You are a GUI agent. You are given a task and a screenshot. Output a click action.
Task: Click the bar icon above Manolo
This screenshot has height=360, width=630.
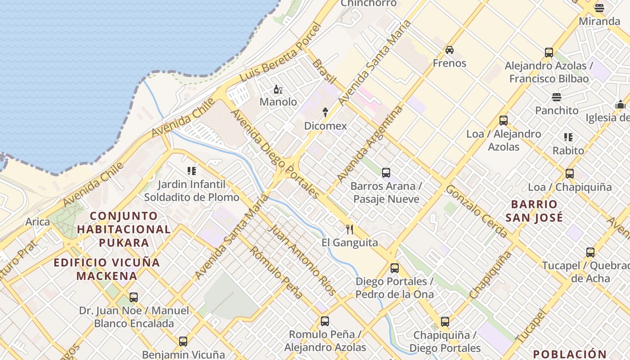(278, 90)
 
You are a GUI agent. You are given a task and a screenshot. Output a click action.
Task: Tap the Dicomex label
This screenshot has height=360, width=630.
(325, 126)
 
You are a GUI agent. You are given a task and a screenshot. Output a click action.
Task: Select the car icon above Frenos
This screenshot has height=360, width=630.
(449, 50)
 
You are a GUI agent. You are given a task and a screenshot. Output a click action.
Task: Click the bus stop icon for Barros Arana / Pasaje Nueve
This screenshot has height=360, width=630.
(386, 173)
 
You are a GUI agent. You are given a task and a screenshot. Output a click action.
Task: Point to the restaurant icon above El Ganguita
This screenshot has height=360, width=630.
(350, 230)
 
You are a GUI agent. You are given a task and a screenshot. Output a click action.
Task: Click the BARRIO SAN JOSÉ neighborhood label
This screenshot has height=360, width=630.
(534, 211)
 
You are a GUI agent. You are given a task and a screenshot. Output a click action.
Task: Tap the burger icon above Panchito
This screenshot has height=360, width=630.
(557, 97)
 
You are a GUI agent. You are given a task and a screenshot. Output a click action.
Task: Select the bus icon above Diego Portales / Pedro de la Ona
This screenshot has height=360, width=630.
(395, 268)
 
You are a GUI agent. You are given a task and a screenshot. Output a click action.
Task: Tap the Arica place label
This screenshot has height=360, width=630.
(37, 222)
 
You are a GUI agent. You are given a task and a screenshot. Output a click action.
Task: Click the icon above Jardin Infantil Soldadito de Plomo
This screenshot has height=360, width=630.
(192, 171)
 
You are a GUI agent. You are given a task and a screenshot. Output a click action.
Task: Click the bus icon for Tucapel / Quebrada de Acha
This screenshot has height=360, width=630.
(590, 252)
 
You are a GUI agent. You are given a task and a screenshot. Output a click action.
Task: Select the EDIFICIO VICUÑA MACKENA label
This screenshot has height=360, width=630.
(107, 269)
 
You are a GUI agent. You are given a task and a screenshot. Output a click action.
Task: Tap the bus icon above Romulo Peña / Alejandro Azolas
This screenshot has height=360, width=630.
(325, 321)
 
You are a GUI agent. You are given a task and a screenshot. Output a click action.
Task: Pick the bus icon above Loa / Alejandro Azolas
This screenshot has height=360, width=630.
(504, 121)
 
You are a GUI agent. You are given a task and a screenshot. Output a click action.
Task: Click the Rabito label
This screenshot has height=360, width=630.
(568, 151)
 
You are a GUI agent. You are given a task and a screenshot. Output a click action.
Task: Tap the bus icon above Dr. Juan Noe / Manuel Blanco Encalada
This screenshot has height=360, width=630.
(134, 297)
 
